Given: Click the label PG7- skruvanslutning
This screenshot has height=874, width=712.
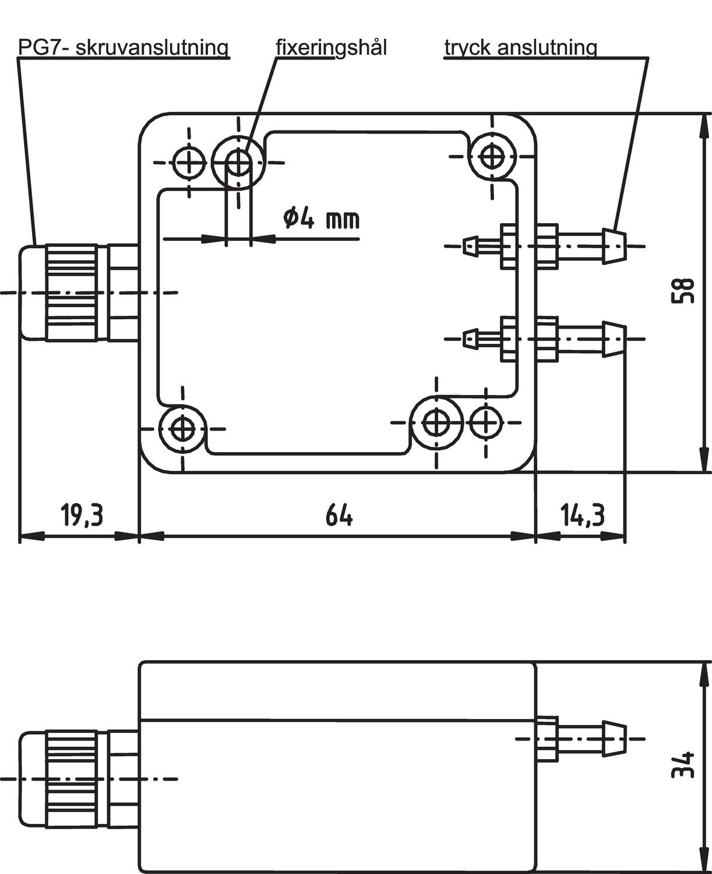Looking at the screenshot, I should (123, 47).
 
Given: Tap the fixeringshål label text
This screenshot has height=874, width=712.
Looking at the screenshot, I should (331, 47).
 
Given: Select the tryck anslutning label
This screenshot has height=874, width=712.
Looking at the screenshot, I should (520, 47).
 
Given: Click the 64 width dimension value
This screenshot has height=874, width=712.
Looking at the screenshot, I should (339, 515).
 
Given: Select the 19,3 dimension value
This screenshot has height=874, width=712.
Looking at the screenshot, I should (82, 515).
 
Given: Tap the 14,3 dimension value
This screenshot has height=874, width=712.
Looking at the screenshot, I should (582, 515).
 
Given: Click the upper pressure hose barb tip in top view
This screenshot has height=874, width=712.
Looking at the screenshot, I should (615, 246).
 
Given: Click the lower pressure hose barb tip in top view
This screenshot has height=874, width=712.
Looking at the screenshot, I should (615, 339).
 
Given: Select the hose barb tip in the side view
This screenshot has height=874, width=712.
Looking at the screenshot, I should (615, 739).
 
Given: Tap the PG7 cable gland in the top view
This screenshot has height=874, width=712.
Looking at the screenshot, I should (70, 292).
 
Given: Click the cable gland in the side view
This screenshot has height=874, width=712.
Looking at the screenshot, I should (70, 778).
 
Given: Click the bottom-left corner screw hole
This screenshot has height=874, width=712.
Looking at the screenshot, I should (183, 429).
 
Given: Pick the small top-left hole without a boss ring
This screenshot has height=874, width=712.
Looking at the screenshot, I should (189, 163).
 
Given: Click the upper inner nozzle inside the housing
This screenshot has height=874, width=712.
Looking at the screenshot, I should (472, 246).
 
